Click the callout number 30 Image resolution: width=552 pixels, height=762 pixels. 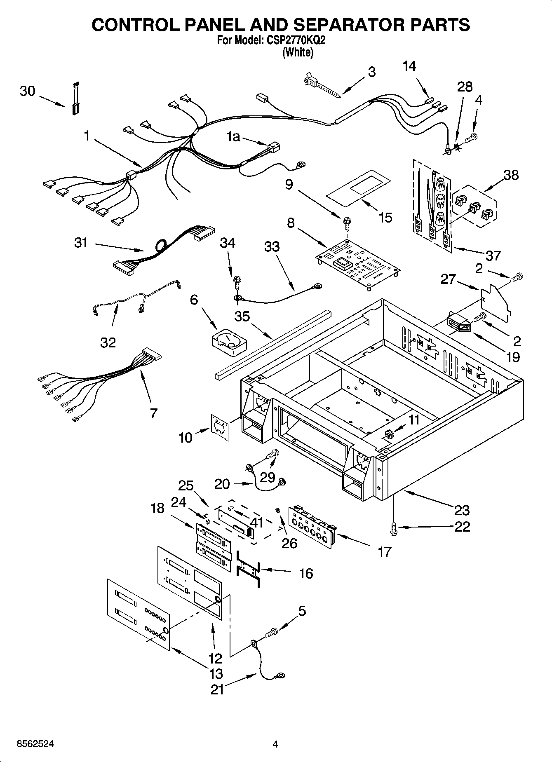coord(27,91)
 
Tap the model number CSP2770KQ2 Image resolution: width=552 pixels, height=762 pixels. coord(295,41)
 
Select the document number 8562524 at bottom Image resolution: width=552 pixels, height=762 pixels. coord(35,745)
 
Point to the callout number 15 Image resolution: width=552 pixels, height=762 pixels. coord(385,218)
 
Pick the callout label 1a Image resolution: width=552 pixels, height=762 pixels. coord(233,136)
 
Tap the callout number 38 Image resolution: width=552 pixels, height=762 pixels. coord(511,175)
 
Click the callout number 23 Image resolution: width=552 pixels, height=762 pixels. coord(462,510)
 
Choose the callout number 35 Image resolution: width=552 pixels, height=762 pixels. coord(242,317)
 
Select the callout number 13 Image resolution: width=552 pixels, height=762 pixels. coord(216,674)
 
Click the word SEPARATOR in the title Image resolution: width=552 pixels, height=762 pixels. coord(341,25)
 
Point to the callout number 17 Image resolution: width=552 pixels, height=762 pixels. coord(384,552)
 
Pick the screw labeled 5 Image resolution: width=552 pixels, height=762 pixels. coord(272,631)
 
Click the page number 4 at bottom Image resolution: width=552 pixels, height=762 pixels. coord(275,744)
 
